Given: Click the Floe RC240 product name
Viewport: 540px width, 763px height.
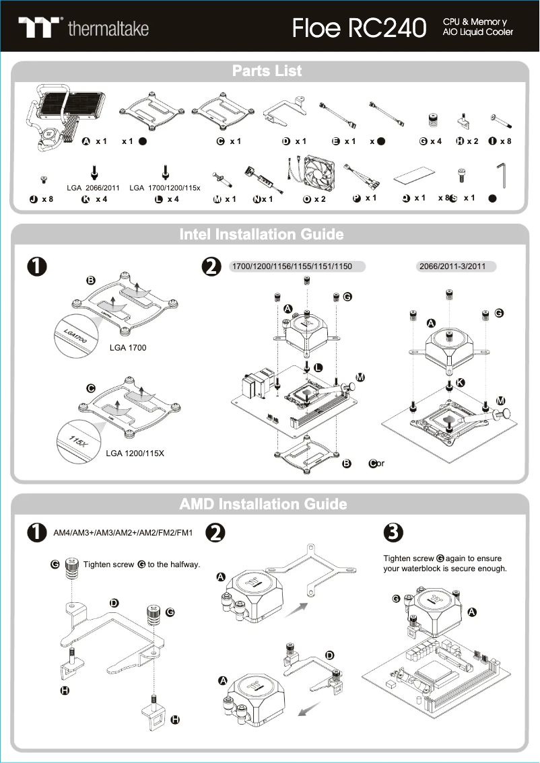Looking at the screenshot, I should [x=360, y=28].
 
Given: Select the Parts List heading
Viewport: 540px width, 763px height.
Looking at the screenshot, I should [x=267, y=71].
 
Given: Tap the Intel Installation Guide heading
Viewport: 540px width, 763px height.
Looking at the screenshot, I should [x=261, y=234].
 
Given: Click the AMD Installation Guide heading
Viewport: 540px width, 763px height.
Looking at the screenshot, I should [x=263, y=504].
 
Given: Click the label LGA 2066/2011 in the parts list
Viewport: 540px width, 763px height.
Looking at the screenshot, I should [x=94, y=188].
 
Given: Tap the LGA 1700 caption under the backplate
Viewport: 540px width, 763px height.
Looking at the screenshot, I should [x=128, y=348].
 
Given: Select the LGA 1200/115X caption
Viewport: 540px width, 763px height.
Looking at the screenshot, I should [x=135, y=453].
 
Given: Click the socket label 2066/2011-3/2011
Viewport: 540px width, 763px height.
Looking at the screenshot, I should [x=452, y=266].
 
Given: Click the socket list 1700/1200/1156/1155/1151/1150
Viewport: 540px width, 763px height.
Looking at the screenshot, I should [x=292, y=266].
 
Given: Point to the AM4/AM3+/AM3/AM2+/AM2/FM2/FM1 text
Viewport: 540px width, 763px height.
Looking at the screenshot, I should [x=123, y=533].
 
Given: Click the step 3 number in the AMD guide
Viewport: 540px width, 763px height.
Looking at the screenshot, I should [x=392, y=532].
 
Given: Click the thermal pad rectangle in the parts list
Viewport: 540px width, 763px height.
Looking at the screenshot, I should [x=411, y=176].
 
